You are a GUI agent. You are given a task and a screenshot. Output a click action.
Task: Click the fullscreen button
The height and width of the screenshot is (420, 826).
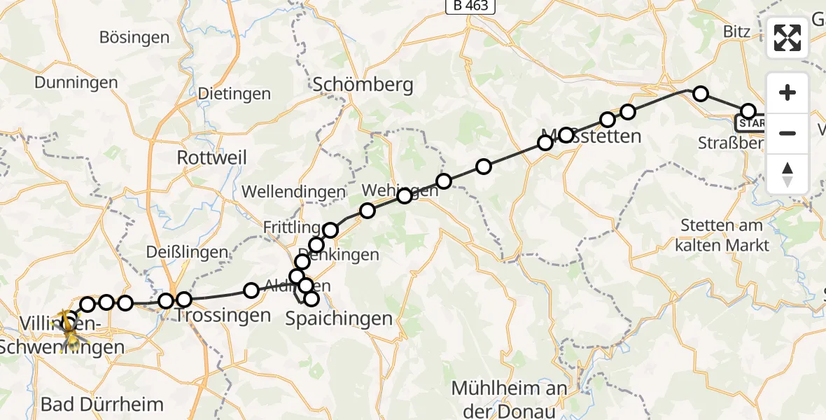pos(787,38)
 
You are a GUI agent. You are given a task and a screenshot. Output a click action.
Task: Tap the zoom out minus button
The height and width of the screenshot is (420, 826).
pos(787,133)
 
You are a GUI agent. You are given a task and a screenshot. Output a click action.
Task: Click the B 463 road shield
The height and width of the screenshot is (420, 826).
pos(471,6)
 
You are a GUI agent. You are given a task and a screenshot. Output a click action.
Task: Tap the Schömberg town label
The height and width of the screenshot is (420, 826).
pos(363,85)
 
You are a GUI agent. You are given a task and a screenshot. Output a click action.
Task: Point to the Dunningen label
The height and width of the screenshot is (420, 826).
pos(76,83)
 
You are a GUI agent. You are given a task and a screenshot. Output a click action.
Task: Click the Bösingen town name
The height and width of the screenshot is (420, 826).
pos(134,37)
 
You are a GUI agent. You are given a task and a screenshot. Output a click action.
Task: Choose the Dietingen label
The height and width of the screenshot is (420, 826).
pos(234,93)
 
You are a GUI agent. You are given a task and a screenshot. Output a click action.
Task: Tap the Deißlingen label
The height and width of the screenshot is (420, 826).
pos(188,252)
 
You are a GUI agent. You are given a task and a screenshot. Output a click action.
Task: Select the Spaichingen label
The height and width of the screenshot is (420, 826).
pos(339,319)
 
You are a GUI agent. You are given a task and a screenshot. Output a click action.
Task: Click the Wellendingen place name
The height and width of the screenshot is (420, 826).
pos(293,191)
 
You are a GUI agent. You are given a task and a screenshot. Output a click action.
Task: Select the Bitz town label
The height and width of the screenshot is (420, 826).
pos(734,31)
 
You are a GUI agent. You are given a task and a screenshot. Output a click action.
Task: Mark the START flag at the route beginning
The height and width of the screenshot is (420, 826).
pos(750,124)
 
